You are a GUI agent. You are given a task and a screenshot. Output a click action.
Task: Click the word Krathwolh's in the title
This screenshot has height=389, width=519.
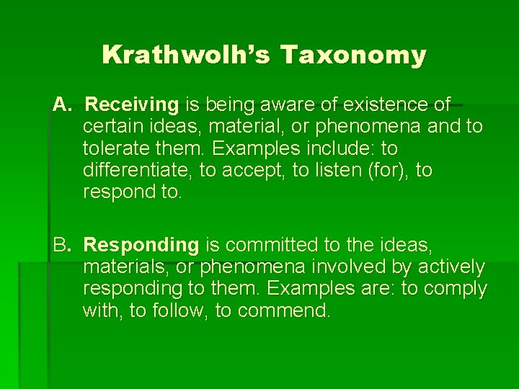[186, 55]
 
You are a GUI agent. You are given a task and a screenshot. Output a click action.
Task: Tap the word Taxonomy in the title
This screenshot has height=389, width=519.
[352, 55]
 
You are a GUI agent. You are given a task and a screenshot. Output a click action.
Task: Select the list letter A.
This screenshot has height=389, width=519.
[61, 105]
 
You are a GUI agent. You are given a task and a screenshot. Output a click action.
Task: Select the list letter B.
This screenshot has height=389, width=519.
[61, 245]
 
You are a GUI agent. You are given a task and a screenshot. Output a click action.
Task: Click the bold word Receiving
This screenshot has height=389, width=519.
[131, 105]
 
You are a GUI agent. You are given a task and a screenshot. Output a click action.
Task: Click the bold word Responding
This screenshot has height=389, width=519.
[141, 245]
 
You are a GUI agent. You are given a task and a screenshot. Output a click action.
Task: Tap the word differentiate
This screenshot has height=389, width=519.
[136, 171]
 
